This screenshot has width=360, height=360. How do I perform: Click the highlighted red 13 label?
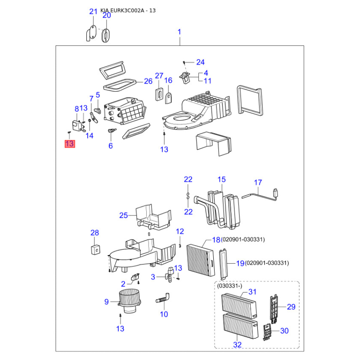coord(70,144)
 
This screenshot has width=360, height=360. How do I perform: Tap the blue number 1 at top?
coord(180,32)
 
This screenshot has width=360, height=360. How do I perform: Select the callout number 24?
coord(200,62)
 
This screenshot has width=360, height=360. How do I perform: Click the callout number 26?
coord(148,81)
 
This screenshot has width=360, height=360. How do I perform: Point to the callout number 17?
coord(258,183)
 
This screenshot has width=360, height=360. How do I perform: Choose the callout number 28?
coord(94,233)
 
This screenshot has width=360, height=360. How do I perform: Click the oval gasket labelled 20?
coord(106,35)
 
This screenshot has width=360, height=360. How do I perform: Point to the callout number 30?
coord(284,331)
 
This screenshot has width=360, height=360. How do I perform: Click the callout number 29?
coord(291,307)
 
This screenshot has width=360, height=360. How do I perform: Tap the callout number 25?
coord(124,216)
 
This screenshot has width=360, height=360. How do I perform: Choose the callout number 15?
coord(222,180)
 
